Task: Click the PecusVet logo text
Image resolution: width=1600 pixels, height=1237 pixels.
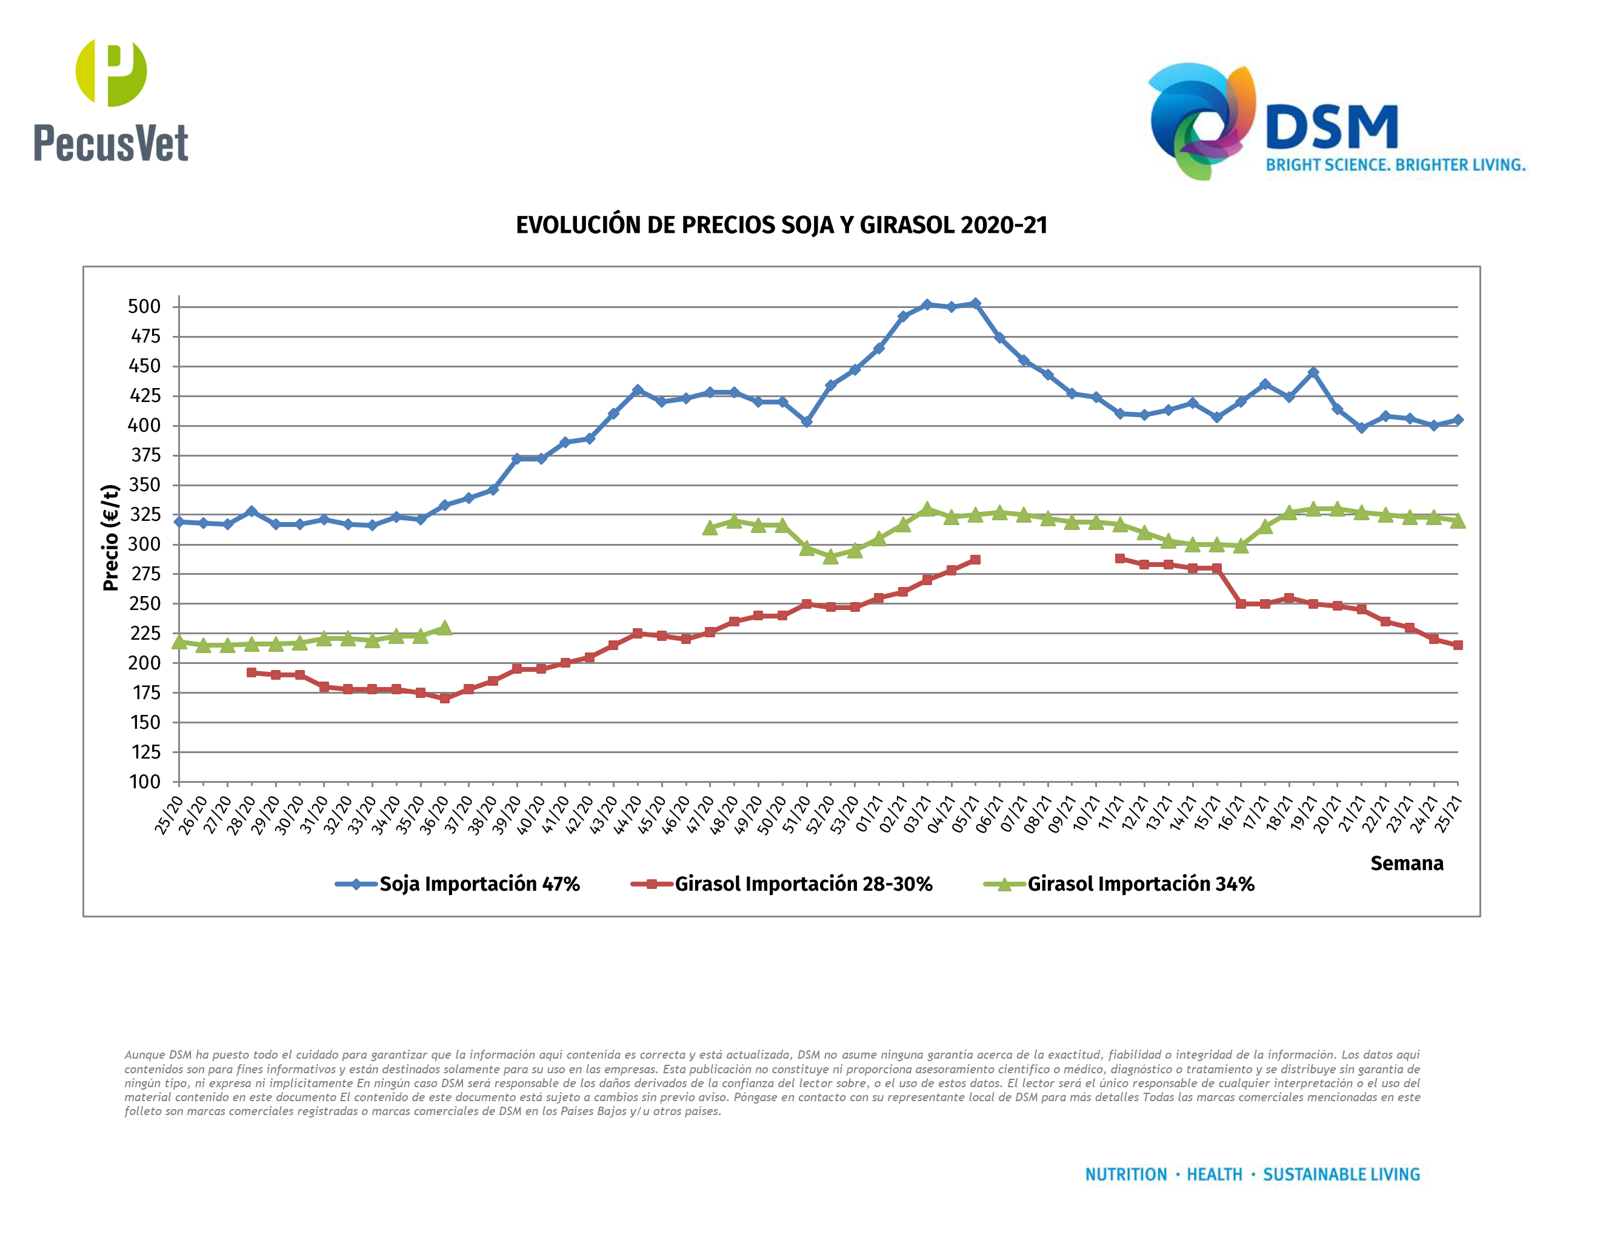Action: (x=111, y=143)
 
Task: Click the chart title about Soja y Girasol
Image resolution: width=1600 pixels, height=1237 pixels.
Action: (x=781, y=225)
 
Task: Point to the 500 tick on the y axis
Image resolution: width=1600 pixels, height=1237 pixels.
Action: (x=144, y=307)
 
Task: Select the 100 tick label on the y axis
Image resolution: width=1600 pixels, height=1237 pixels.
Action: (x=144, y=782)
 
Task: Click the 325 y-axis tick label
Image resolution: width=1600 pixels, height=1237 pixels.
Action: (x=144, y=514)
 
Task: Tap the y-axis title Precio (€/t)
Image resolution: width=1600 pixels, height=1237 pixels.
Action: (x=111, y=537)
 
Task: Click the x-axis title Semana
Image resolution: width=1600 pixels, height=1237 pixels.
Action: (x=1406, y=863)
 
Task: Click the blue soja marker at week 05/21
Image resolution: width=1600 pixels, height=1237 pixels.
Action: (x=975, y=303)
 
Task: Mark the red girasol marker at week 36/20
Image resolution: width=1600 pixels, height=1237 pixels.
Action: (x=445, y=699)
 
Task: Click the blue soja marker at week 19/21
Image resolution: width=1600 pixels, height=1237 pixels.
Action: (x=1313, y=372)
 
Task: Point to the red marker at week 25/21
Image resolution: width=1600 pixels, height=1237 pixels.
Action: (x=1457, y=645)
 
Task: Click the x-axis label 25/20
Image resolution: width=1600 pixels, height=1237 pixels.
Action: (x=169, y=815)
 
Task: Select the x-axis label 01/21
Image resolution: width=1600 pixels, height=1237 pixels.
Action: (x=869, y=815)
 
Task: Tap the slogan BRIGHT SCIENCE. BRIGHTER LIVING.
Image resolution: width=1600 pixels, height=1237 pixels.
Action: (x=1395, y=165)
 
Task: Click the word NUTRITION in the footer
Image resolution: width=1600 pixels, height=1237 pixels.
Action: (x=1125, y=1175)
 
